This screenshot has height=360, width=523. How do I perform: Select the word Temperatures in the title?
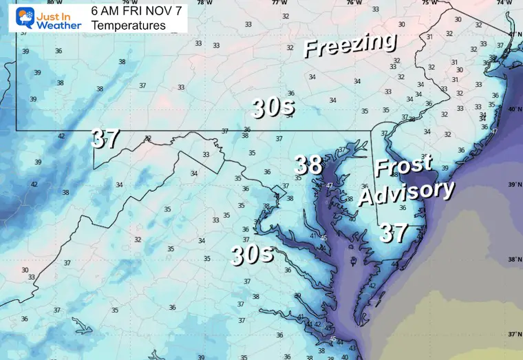[129, 25]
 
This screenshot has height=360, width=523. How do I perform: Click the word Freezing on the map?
[350, 45]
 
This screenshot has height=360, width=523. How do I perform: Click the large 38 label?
[308, 165]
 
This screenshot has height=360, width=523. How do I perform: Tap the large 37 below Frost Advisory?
[394, 233]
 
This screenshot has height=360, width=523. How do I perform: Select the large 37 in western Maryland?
[106, 140]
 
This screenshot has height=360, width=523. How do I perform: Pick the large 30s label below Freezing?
[273, 107]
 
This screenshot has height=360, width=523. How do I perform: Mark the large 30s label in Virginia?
[252, 255]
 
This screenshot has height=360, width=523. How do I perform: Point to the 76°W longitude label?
[353, 3]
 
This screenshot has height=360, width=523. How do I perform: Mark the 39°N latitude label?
[513, 184]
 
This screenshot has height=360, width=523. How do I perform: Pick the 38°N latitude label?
[513, 260]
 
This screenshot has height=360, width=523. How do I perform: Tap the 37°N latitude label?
[513, 334]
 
